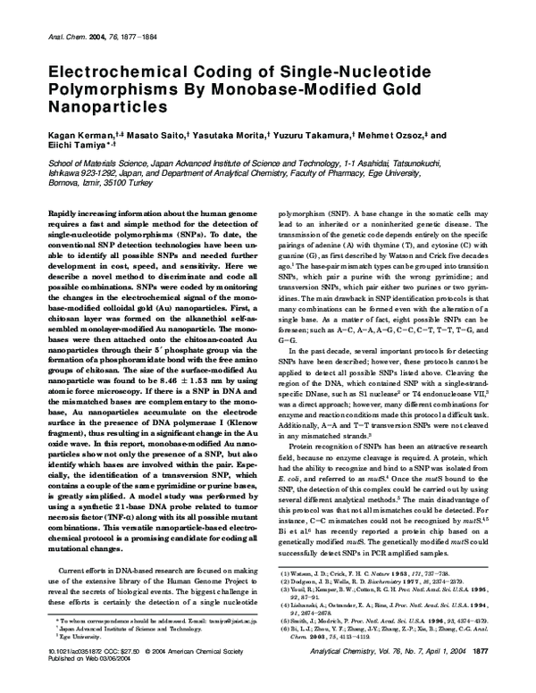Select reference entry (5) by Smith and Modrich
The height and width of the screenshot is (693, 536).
tap(383, 644)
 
